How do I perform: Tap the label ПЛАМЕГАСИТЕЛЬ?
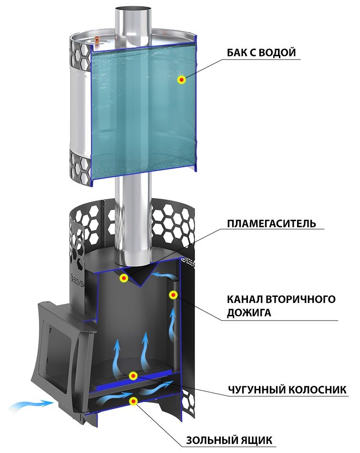(x=271, y=223)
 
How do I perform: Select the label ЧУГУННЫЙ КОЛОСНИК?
(x=287, y=390)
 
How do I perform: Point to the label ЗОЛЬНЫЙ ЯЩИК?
(x=229, y=440)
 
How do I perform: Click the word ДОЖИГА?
(x=249, y=313)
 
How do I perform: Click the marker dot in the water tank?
(x=182, y=80)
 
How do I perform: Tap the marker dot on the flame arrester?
(x=124, y=278)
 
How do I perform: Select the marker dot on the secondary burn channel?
(x=173, y=295)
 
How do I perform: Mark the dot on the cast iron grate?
(x=133, y=376)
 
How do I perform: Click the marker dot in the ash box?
(x=133, y=401)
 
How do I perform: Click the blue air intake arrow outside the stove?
(x=32, y=404)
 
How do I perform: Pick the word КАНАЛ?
(x=245, y=299)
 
